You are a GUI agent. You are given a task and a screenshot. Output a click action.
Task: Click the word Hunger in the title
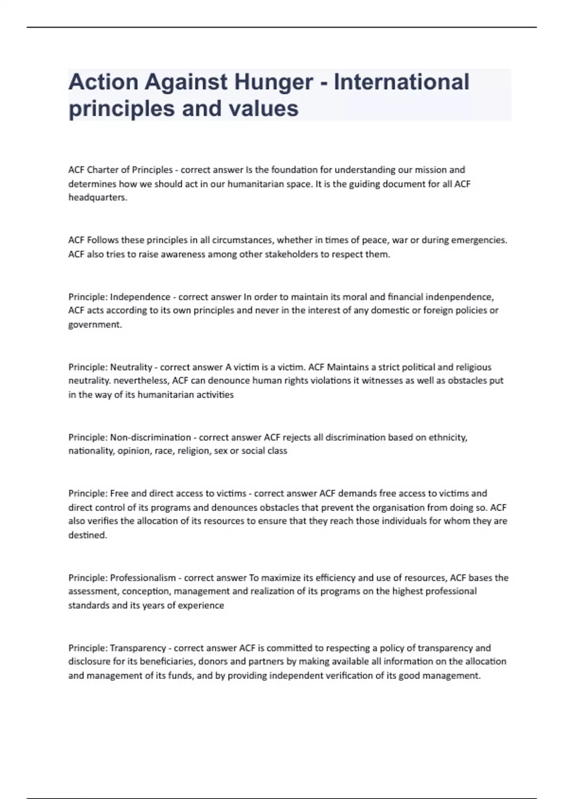tap(274, 82)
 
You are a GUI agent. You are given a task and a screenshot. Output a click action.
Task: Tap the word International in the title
tap(401, 82)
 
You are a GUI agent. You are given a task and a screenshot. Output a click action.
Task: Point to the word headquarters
tap(98, 197)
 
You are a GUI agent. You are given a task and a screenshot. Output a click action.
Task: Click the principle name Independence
tap(140, 297)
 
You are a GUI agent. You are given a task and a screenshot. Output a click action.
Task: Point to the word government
tap(95, 325)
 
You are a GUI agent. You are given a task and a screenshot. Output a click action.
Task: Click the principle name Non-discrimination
tap(150, 438)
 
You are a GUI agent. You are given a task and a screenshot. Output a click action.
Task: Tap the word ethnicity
tap(448, 438)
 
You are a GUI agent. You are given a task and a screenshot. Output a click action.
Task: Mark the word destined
tap(87, 535)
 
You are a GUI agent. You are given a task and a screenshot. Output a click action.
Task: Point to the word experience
tap(201, 605)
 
